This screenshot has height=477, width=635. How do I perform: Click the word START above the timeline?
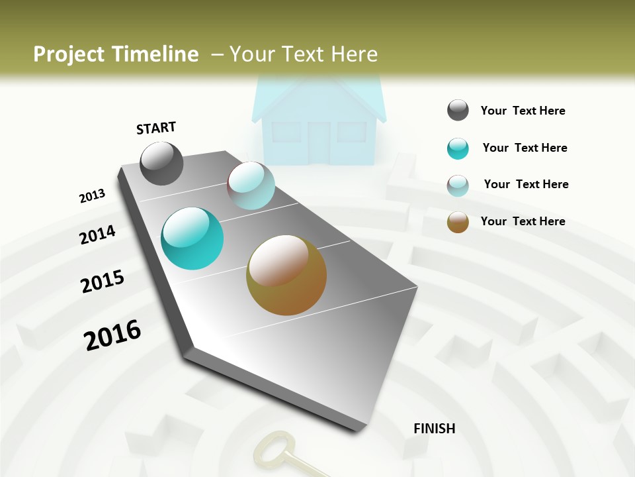pos(156,128)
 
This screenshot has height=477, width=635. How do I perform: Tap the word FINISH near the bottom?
pos(434,429)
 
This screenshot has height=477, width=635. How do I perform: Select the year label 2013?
pos(92,196)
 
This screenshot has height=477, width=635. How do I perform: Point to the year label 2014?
pos(97,235)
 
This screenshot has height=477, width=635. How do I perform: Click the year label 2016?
pos(112,335)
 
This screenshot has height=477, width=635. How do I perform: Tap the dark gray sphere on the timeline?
pos(161,163)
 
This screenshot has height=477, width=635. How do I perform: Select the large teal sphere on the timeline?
pos(192,238)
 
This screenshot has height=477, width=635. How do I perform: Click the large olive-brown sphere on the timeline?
pos(286,275)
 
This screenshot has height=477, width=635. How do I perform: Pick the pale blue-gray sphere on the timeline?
pos(251,185)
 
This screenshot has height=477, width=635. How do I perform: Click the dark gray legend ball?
pos(458,111)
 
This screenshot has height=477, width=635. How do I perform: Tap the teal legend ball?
pos(458,148)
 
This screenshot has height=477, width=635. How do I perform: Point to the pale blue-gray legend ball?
pos(458,185)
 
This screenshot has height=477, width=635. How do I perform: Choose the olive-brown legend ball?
pos(458,222)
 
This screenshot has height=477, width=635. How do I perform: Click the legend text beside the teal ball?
pos(525,148)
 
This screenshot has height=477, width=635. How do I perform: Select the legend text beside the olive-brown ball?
pos(523,221)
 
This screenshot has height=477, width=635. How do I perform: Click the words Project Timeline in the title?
pos(116,54)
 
